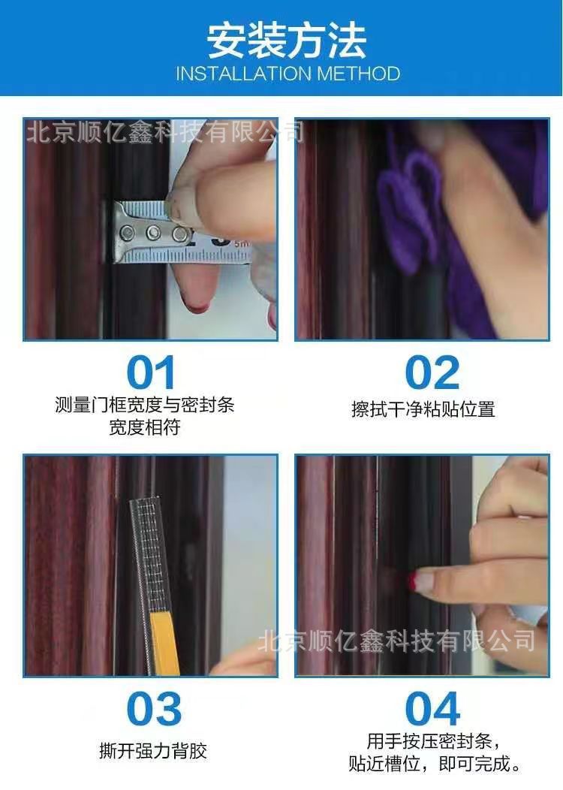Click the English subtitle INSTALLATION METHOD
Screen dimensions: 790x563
(x=288, y=74)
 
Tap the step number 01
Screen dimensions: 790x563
(x=151, y=372)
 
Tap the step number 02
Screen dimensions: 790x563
(x=432, y=372)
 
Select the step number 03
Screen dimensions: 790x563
(x=153, y=709)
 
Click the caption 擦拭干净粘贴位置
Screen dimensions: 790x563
(x=423, y=409)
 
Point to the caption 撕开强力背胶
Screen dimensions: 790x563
(x=152, y=750)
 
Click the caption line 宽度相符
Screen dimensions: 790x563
(x=145, y=428)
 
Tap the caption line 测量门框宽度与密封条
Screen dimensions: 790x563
(x=145, y=406)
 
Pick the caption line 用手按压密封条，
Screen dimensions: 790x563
(x=431, y=742)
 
